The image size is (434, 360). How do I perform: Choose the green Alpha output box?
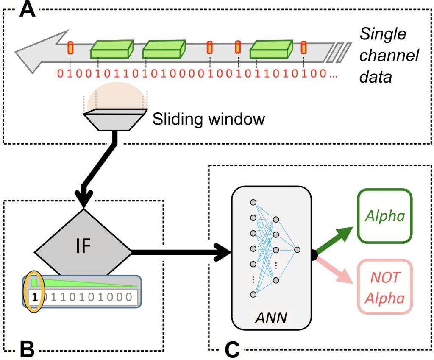[385, 217]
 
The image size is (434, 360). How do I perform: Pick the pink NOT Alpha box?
[385, 287]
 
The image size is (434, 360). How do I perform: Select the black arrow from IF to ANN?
[182, 252]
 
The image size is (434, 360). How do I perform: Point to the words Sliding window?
[208, 119]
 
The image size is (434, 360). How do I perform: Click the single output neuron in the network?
[297, 249]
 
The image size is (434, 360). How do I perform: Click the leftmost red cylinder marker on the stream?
[71, 48]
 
